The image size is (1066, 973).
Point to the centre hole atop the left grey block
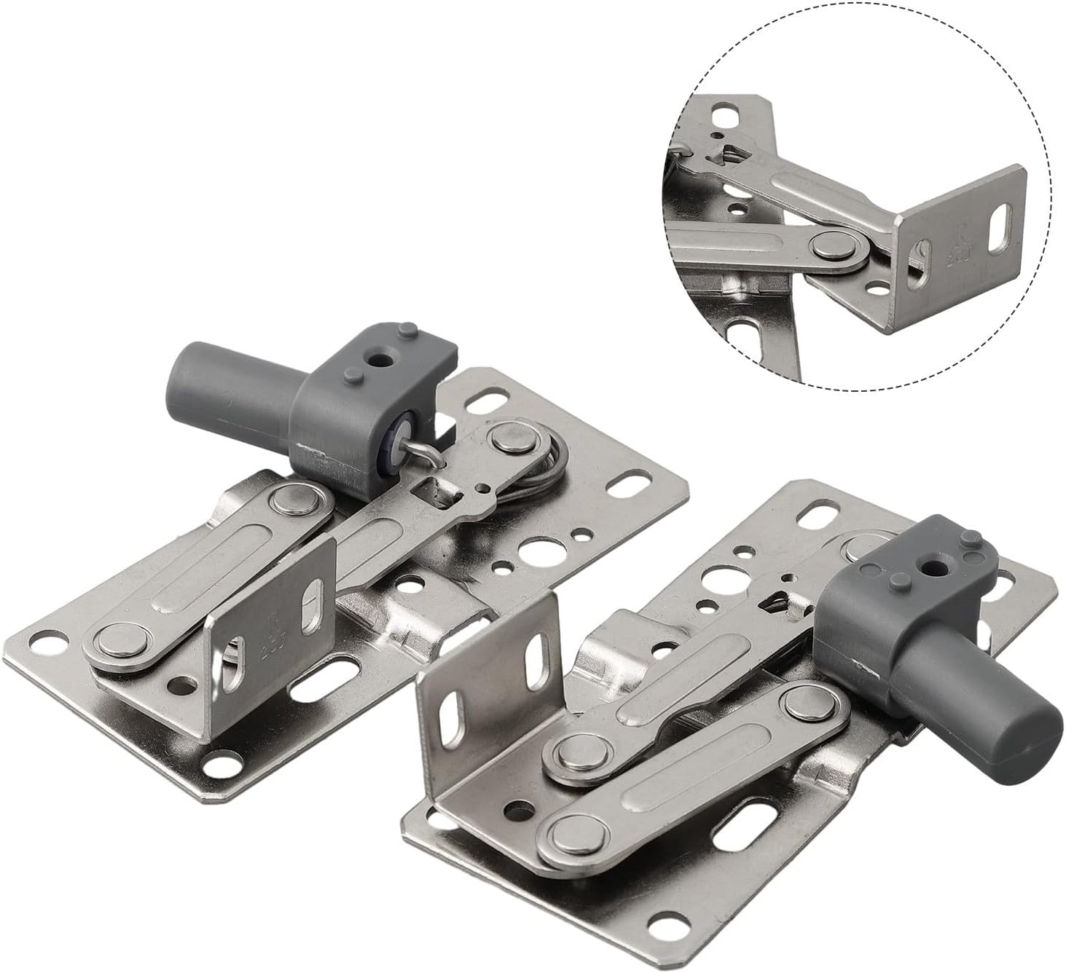point(379,360)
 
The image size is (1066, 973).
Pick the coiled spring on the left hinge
point(555,466)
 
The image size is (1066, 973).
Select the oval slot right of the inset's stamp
point(1001,220)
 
